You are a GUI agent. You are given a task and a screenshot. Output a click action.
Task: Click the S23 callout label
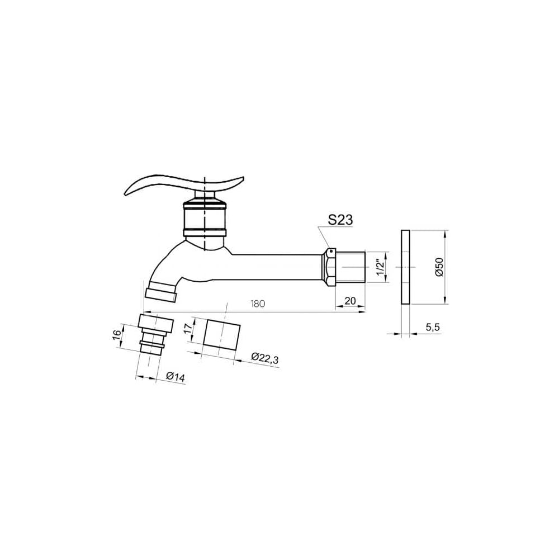(340, 220)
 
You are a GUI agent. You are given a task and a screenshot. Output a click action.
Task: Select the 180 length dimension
(258, 304)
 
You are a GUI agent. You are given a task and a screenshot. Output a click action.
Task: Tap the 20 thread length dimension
(350, 301)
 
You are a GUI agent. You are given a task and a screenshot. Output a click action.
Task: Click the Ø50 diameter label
(439, 267)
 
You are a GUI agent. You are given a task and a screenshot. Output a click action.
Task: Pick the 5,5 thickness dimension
(433, 327)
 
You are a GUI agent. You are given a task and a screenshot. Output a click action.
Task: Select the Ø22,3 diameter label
(264, 358)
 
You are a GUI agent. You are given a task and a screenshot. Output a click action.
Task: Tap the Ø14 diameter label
(176, 377)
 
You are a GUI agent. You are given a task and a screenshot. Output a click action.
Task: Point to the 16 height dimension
(117, 335)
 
